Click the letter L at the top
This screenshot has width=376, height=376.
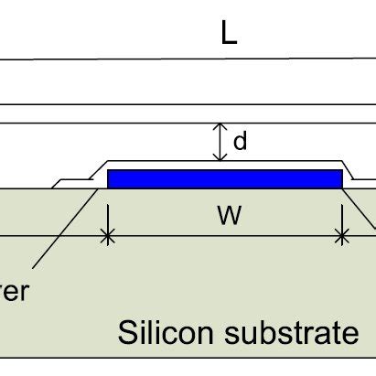[230, 34]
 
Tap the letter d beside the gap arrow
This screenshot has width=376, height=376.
[241, 143]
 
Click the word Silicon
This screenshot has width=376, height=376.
[168, 333]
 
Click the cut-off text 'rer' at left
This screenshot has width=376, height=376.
[15, 292]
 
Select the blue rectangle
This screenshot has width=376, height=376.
[225, 178]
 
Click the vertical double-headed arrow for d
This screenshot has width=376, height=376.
[218, 142]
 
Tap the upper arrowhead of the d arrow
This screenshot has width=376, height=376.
[218, 127]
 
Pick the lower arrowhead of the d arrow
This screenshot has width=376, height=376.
[218, 157]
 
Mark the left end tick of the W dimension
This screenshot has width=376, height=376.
[109, 237]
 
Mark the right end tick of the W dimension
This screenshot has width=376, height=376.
[342, 237]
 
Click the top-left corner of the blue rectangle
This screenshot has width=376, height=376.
[109, 170]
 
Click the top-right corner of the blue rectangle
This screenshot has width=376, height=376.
[341, 170]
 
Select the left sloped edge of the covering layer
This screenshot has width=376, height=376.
[94, 170]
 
